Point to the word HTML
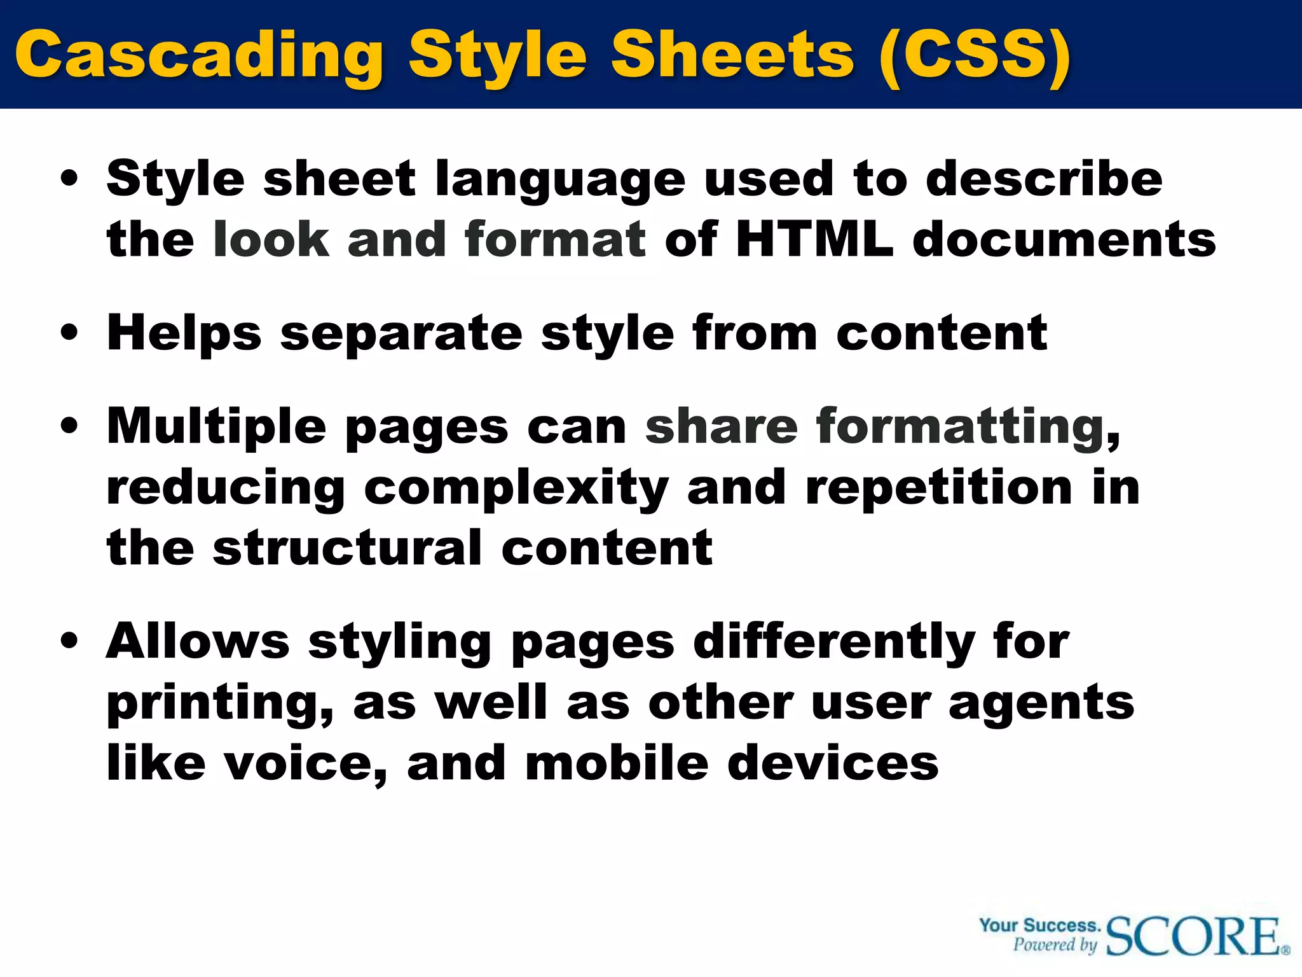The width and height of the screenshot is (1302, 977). pos(814,240)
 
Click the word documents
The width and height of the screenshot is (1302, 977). pos(1064,240)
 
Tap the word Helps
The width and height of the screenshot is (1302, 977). pos(184,334)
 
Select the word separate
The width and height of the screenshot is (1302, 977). pos(401,334)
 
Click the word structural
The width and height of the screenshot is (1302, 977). pos(347,548)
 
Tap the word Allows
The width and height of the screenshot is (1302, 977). pos(198,641)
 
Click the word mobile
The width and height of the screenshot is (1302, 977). pos(617,763)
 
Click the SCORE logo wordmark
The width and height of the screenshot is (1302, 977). pos(1195,936)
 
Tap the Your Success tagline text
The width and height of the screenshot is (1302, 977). pos(1039,925)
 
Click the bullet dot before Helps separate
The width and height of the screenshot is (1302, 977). pos(69,333)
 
